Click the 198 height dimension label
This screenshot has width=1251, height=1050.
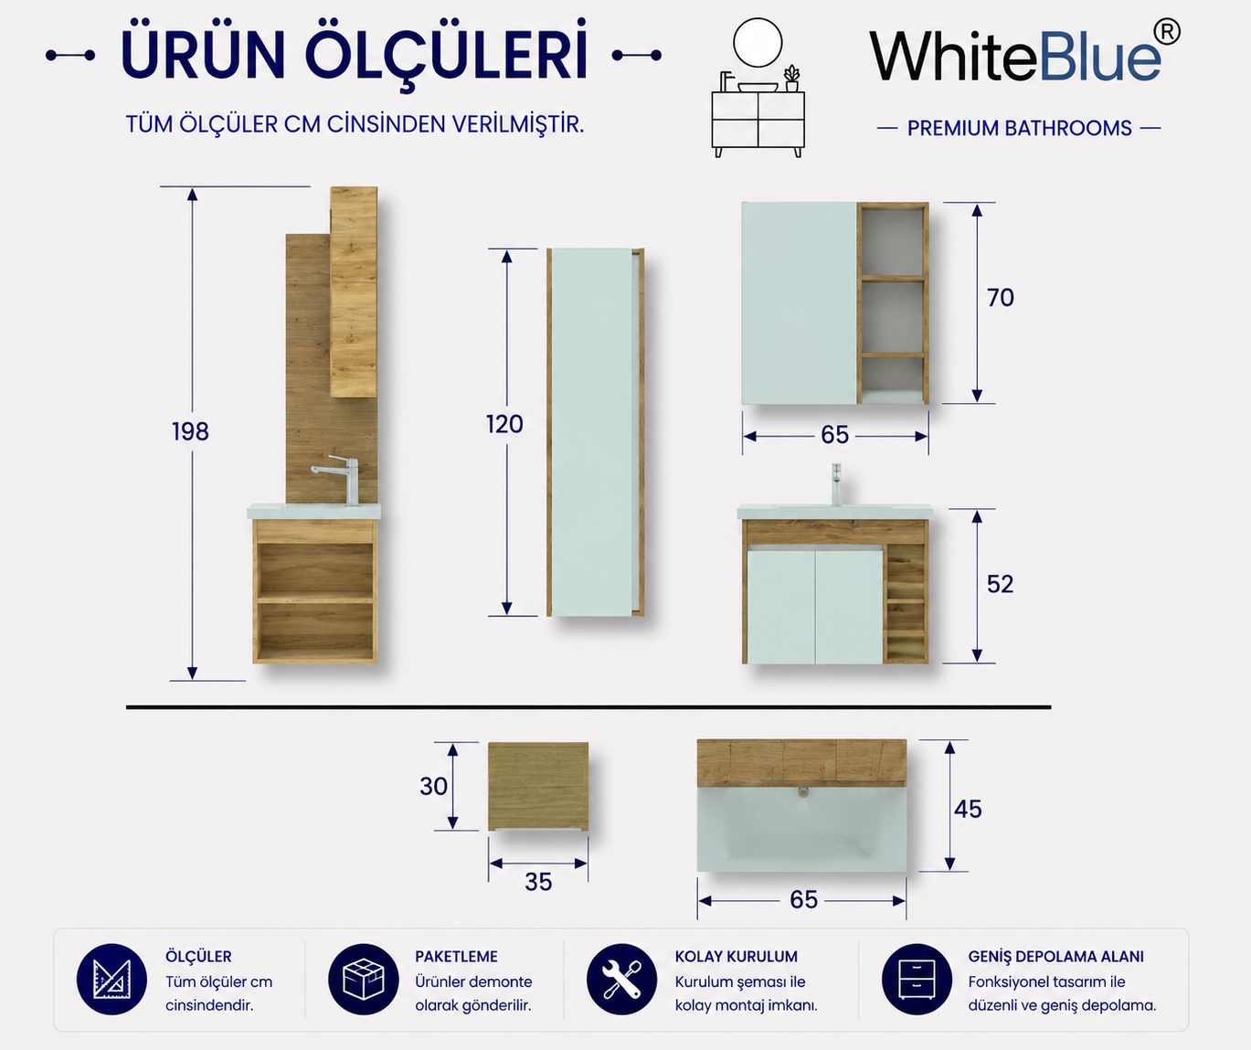(190, 431)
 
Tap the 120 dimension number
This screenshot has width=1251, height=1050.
(504, 424)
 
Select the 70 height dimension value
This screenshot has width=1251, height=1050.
(1000, 297)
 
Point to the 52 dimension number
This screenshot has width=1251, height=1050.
(1000, 584)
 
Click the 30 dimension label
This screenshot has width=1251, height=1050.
(433, 786)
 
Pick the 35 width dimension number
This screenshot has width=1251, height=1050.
(538, 882)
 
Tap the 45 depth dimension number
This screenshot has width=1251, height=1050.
(968, 809)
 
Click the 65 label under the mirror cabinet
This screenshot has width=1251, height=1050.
(834, 435)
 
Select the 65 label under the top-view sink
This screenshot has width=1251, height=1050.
(803, 899)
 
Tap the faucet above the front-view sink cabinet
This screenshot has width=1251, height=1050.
(836, 484)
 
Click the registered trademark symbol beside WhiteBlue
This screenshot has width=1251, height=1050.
(1167, 32)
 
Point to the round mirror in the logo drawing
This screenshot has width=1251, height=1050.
(758, 43)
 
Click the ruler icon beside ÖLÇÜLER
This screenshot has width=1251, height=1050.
(111, 980)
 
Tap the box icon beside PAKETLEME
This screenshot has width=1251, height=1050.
(363, 980)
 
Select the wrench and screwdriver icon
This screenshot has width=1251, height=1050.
(621, 980)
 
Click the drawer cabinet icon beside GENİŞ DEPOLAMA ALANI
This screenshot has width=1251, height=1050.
(917, 980)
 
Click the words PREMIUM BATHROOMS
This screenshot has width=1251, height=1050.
(1019, 128)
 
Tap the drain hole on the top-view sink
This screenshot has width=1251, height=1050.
(803, 793)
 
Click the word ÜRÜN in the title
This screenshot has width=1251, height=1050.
(203, 55)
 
